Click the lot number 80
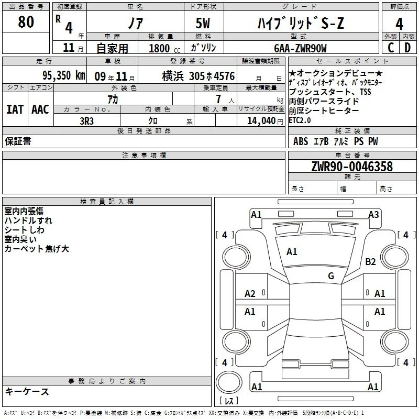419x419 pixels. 26,21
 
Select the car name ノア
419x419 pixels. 136,23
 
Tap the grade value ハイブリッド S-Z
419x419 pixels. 301,23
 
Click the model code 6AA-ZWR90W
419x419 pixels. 300,48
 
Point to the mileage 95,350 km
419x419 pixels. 63,75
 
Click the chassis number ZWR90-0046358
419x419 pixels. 352,166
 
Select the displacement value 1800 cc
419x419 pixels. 164,48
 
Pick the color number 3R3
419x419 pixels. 86,121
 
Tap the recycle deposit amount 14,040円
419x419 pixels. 265,121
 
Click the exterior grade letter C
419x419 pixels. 391,48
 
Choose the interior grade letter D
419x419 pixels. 407,48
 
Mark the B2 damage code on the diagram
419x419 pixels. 370,261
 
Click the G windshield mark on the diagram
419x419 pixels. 331,275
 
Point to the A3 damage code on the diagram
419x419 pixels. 373,214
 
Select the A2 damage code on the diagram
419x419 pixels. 250,294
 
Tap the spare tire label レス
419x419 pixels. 229,400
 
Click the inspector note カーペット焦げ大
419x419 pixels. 37,248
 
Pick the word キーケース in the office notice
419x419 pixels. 27,391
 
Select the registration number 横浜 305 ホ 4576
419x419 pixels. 199,76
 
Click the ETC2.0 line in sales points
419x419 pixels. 300,120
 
